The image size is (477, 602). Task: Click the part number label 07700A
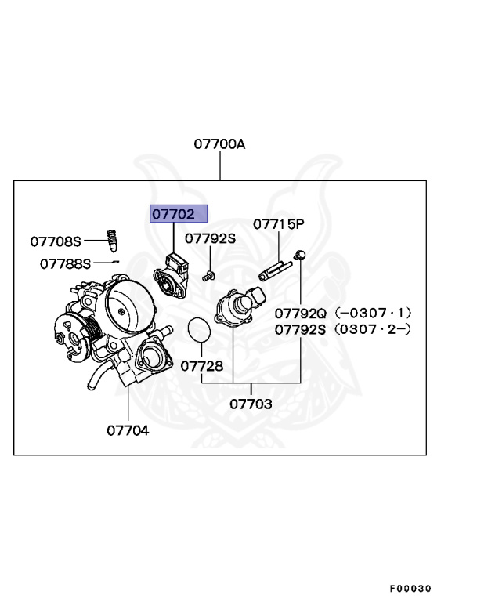[220, 144]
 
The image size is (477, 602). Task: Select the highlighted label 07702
[179, 214]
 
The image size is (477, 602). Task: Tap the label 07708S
[56, 241]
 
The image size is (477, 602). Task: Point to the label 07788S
[66, 263]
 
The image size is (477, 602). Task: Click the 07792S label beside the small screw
[211, 238]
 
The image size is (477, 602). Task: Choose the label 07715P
[278, 224]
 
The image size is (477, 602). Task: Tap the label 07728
[202, 366]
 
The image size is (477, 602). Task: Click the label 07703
[251, 404]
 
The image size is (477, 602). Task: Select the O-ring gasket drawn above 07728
[201, 331]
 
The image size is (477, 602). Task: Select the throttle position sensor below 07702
[175, 274]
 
